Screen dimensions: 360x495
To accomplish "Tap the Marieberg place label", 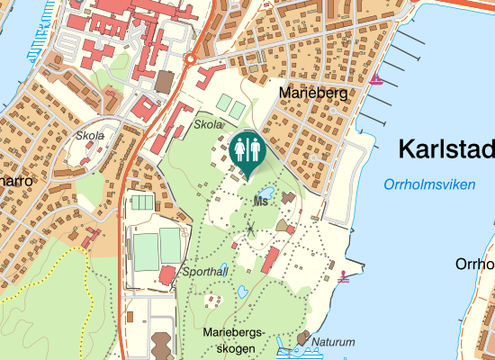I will [x=312, y=93].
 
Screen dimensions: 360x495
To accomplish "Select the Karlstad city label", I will [x=446, y=148].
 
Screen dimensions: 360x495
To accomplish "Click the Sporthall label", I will [x=205, y=270].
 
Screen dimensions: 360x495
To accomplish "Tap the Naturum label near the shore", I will [x=333, y=342].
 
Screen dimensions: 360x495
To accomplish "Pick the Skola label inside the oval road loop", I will [x=91, y=136].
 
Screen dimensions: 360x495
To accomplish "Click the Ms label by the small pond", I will [x=261, y=202].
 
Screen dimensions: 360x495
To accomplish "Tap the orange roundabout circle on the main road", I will [x=191, y=58].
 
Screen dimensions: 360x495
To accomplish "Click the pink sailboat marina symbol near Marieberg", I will [x=377, y=80].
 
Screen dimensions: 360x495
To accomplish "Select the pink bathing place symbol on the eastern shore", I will [x=344, y=276].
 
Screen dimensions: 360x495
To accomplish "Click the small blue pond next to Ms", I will [x=265, y=192].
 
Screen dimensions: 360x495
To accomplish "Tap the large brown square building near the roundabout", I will [x=164, y=82].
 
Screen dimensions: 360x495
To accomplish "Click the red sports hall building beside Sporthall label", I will [x=167, y=274].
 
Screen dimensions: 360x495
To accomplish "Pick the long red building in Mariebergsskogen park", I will [x=269, y=260].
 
